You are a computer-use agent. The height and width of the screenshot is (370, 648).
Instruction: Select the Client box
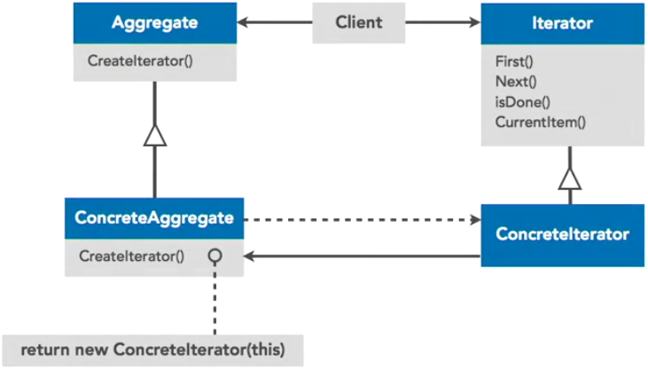click(x=358, y=22)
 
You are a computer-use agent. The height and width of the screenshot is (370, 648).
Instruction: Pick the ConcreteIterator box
click(x=563, y=235)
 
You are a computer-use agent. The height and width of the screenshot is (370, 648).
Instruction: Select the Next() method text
click(x=511, y=81)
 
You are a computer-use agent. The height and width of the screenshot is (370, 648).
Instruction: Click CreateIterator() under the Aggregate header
click(x=140, y=61)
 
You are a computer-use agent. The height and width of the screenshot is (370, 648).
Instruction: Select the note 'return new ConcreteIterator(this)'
click(x=152, y=348)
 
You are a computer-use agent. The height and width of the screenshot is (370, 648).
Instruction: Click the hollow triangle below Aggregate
click(x=155, y=135)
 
